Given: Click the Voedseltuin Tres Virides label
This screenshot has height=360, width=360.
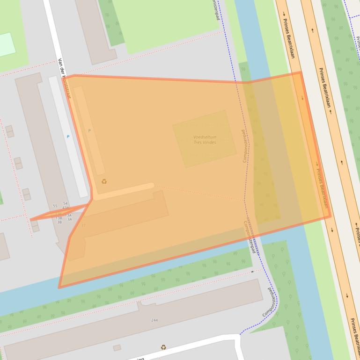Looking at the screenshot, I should pyautogui.click(x=205, y=139).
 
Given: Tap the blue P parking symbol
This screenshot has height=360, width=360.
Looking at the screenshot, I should pyautogui.click(x=68, y=137).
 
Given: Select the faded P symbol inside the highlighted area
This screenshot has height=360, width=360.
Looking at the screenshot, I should pyautogui.click(x=89, y=131).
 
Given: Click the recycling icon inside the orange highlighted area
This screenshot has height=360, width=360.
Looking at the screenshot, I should pyautogui.click(x=104, y=181).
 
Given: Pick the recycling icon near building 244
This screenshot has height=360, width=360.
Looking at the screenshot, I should pyautogui.click(x=163, y=347).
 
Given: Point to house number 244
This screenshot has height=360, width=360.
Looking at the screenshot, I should pyautogui.click(x=154, y=320).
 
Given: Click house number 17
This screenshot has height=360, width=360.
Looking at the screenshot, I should pyautogui.click(x=84, y=226).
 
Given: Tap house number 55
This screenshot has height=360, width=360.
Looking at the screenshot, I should pyautogui.click(x=55, y=206).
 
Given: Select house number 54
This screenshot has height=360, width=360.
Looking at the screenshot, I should pyautogui.click(x=66, y=203).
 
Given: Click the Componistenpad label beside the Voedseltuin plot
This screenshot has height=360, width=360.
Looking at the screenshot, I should pyautogui.click(x=244, y=146).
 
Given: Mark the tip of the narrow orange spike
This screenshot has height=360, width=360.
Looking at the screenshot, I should pyautogui.click(x=31, y=219).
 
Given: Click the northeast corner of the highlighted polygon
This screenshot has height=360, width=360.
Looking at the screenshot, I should pyautogui.click(x=300, y=72).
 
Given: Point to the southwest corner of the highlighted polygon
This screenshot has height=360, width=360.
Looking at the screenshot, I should pyautogui.click(x=59, y=287).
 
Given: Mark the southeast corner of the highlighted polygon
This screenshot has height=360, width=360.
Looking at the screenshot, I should pyautogui.click(x=330, y=216).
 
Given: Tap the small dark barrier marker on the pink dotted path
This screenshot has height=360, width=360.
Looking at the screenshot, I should pyautogui.click(x=252, y=271).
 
